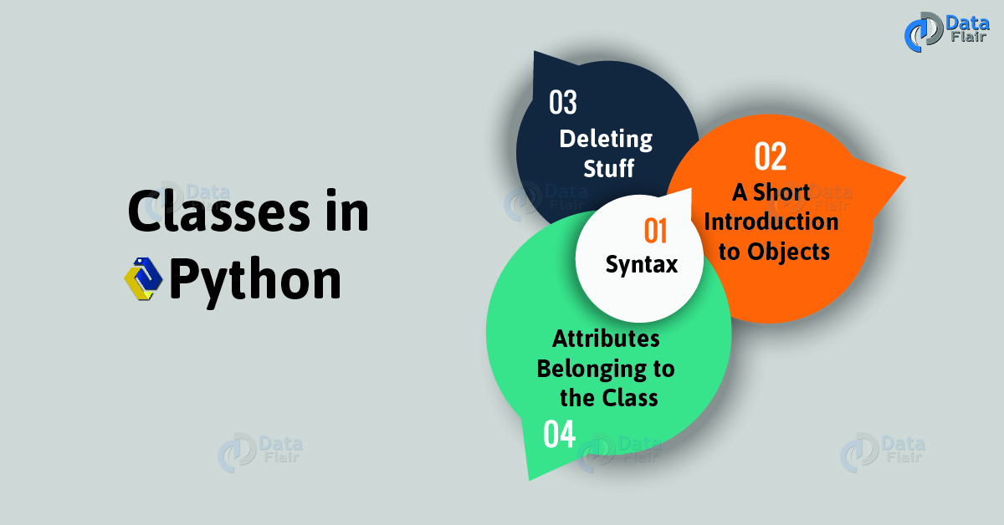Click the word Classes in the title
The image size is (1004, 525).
coord(218,212)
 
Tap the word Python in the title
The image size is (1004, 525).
coord(255,280)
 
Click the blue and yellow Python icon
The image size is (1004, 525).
coord(143,278)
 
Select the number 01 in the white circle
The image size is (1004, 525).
coord(655,231)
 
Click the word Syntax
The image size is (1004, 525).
coord(642,264)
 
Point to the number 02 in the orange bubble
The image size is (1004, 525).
coord(770,155)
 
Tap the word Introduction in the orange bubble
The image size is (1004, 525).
coord(771,222)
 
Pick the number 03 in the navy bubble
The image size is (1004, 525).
coord(563,103)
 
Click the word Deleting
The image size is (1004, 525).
coord(606,140)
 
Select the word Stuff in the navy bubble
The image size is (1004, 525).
coord(609,168)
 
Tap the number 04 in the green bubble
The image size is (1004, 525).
coord(560,434)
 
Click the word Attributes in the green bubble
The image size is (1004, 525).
coord(606,339)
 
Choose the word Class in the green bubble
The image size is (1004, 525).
coord(630,398)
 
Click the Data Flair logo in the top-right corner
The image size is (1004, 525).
coord(946,32)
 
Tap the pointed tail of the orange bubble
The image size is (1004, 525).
coord(904,178)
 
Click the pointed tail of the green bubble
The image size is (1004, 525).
coord(530,479)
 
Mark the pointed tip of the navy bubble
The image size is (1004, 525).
coord(535,52)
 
